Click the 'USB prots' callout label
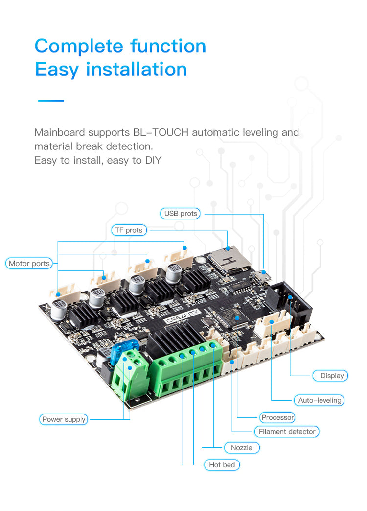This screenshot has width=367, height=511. click(x=180, y=214)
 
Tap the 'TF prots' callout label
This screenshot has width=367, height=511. click(x=129, y=230)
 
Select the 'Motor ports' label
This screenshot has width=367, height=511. click(x=29, y=263)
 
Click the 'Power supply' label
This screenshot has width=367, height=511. click(x=64, y=419)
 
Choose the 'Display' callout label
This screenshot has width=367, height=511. click(x=330, y=376)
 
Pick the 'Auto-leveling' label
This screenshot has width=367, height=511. click(x=319, y=400)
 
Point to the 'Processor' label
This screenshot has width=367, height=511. click(x=277, y=417)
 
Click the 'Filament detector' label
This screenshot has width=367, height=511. click(x=287, y=432)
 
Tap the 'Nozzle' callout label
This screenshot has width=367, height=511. click(x=242, y=448)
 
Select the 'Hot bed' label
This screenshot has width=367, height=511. click(x=222, y=465)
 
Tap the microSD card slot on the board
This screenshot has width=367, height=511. click(x=229, y=260)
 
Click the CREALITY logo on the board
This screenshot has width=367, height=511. click(x=182, y=316)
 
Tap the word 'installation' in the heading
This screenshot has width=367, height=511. click(x=137, y=69)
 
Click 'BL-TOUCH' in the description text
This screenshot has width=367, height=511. click(x=161, y=132)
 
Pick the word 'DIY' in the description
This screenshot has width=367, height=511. click(x=153, y=160)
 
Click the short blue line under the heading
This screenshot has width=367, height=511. click(x=51, y=101)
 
